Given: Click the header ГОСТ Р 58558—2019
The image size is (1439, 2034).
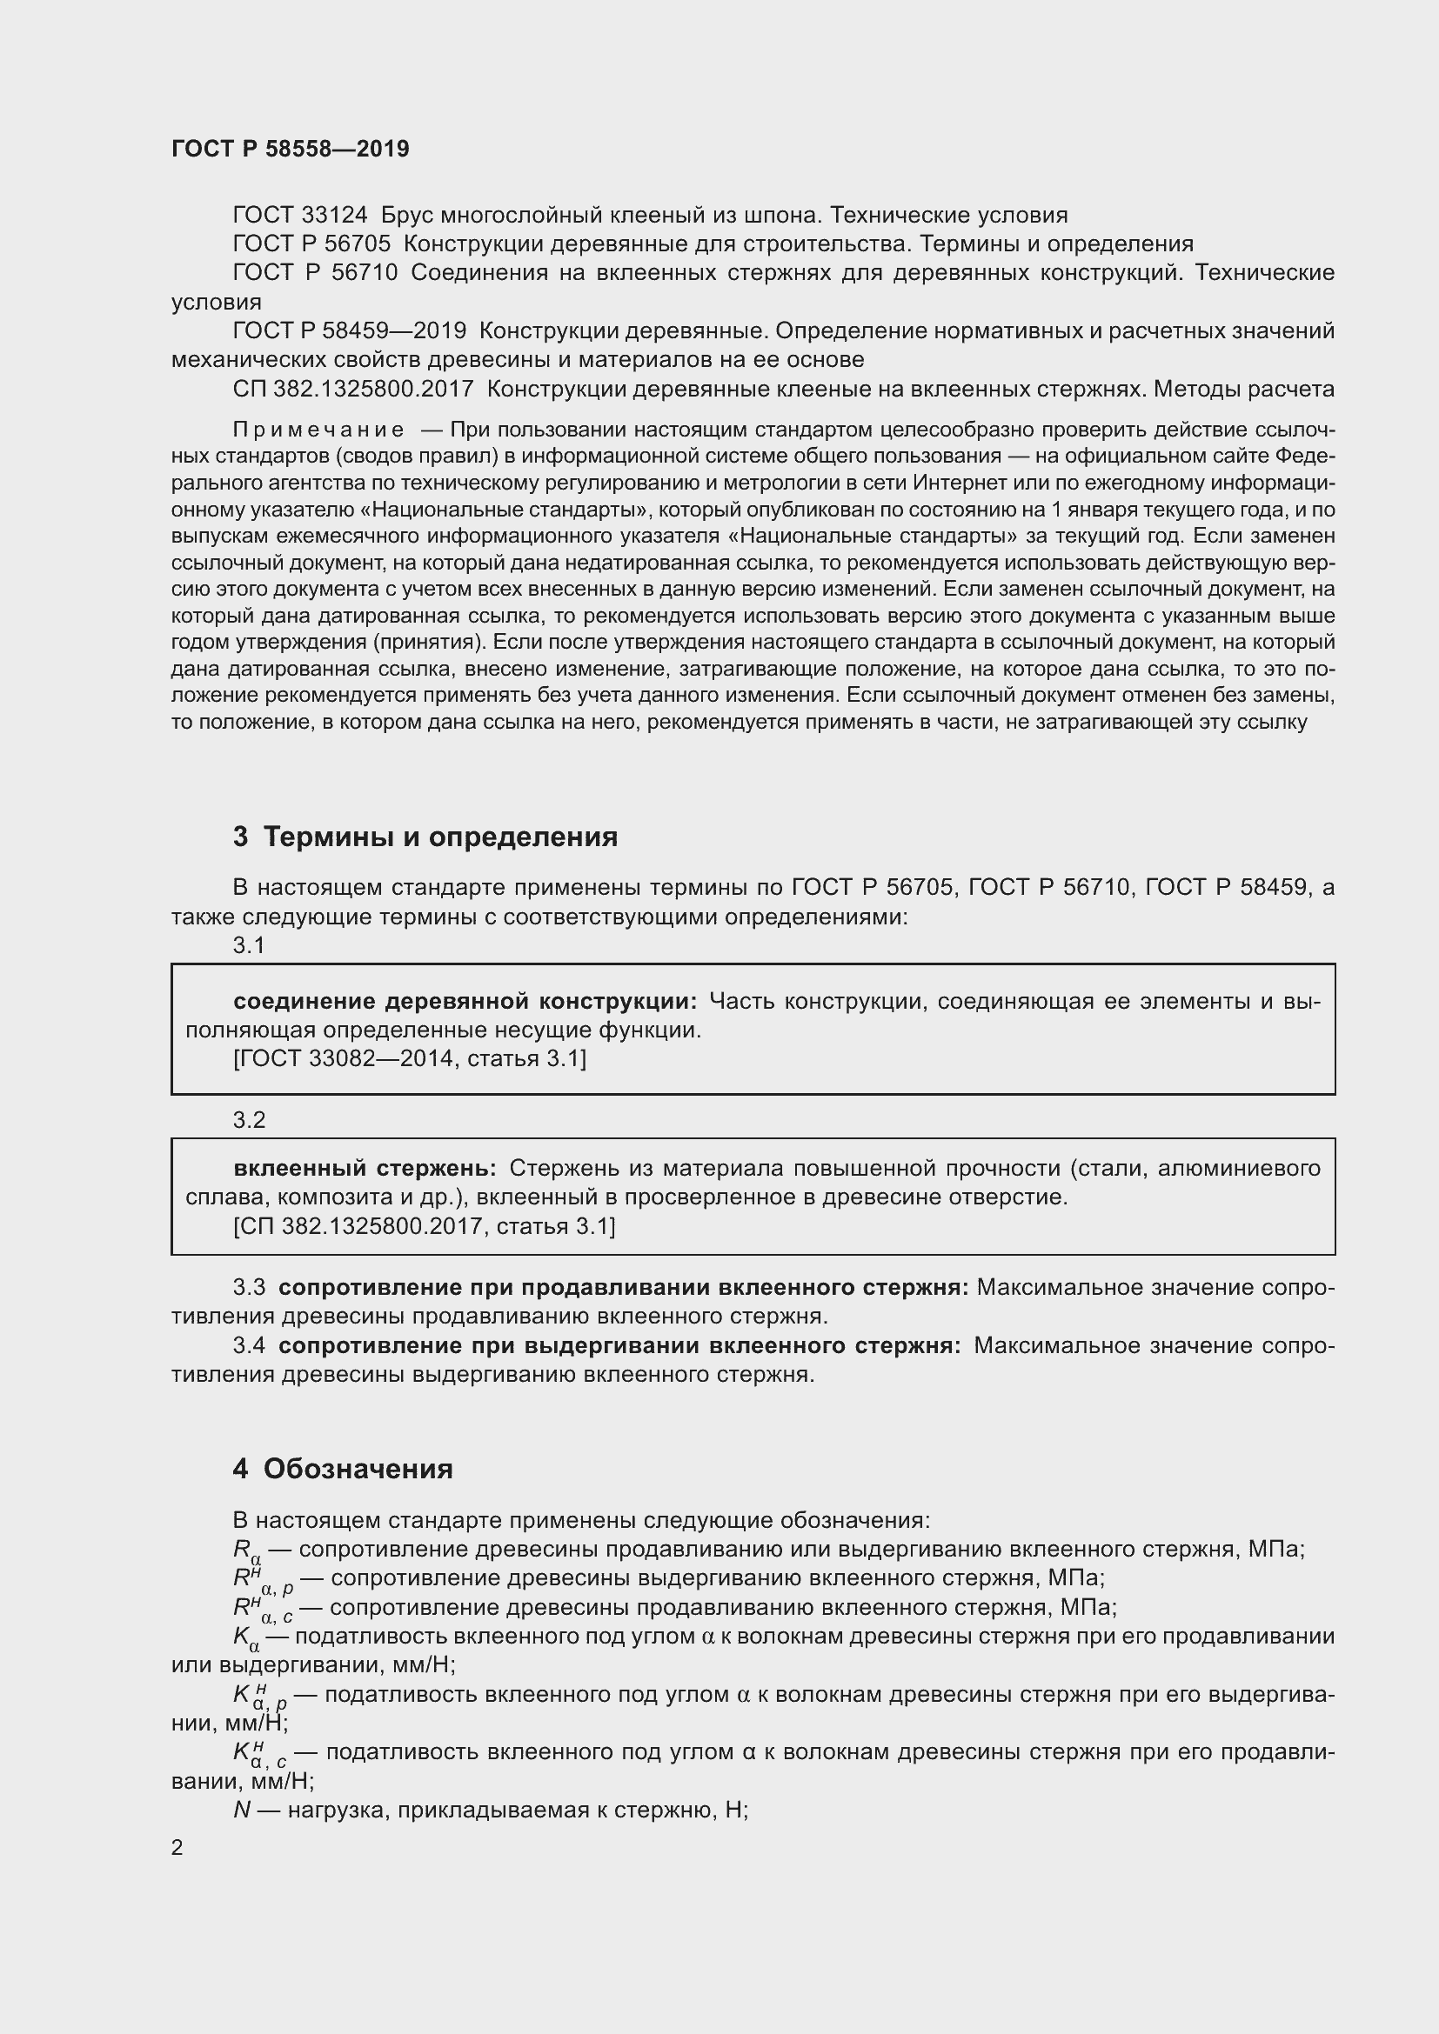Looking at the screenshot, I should [x=290, y=149].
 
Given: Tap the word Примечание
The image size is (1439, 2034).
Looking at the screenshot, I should [x=318, y=430].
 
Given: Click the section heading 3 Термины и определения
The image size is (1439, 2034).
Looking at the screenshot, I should [x=425, y=837].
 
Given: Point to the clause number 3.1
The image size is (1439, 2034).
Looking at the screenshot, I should [x=249, y=945].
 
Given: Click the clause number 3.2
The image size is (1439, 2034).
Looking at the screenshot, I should [x=249, y=1120].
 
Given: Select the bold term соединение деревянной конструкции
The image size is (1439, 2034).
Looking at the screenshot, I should [x=465, y=1001].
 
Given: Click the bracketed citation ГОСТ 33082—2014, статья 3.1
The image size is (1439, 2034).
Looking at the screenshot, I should [x=410, y=1058].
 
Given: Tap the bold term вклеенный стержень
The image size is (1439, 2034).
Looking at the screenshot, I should [x=365, y=1169].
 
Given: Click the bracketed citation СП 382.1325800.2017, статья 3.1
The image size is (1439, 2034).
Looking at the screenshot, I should [x=424, y=1226].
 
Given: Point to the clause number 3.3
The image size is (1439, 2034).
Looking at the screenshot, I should [x=249, y=1287].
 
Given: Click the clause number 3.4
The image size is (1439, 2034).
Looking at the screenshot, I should [x=249, y=1345].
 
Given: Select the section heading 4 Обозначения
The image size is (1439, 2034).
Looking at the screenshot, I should [x=343, y=1469].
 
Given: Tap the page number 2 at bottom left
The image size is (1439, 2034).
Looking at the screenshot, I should [x=177, y=1847].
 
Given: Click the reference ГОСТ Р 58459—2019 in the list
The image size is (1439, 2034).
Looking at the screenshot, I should [x=349, y=331].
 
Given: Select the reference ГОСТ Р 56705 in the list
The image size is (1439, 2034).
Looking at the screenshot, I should [x=311, y=243].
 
